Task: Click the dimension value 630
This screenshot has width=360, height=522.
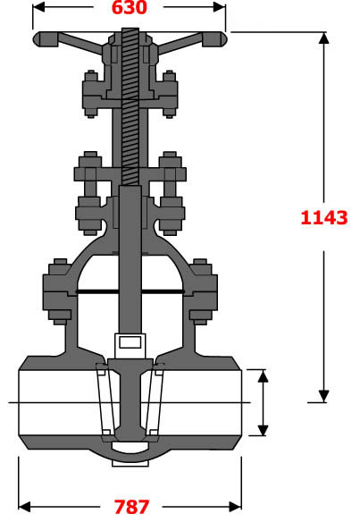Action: click(130, 9)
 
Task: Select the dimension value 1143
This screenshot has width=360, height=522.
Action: click(323, 216)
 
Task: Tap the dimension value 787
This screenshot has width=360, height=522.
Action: click(130, 507)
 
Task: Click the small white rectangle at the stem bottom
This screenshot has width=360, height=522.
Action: click(130, 341)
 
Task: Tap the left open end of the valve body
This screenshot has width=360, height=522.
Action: click(22, 402)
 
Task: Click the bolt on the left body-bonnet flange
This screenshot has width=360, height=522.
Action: click(58, 290)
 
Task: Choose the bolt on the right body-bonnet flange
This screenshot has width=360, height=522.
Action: click(202, 290)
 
